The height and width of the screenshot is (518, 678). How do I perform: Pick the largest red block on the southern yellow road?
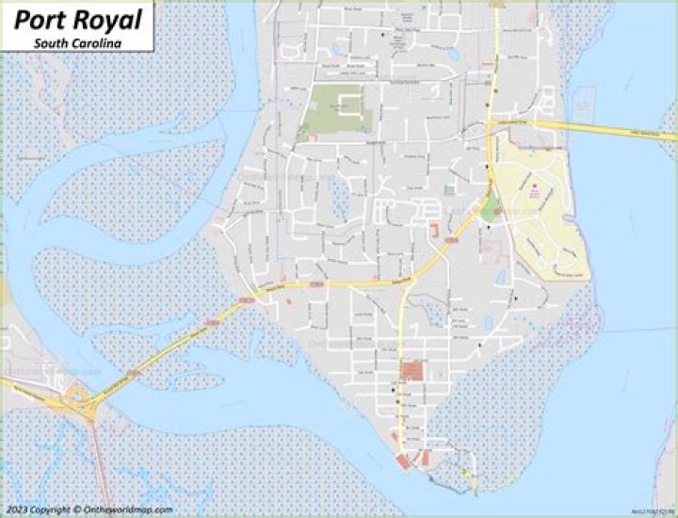(412, 370)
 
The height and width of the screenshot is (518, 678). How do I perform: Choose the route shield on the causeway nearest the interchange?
(135, 373)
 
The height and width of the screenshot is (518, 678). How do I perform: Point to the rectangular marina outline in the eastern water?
(582, 98)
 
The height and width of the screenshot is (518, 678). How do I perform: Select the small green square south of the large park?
(449, 189)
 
